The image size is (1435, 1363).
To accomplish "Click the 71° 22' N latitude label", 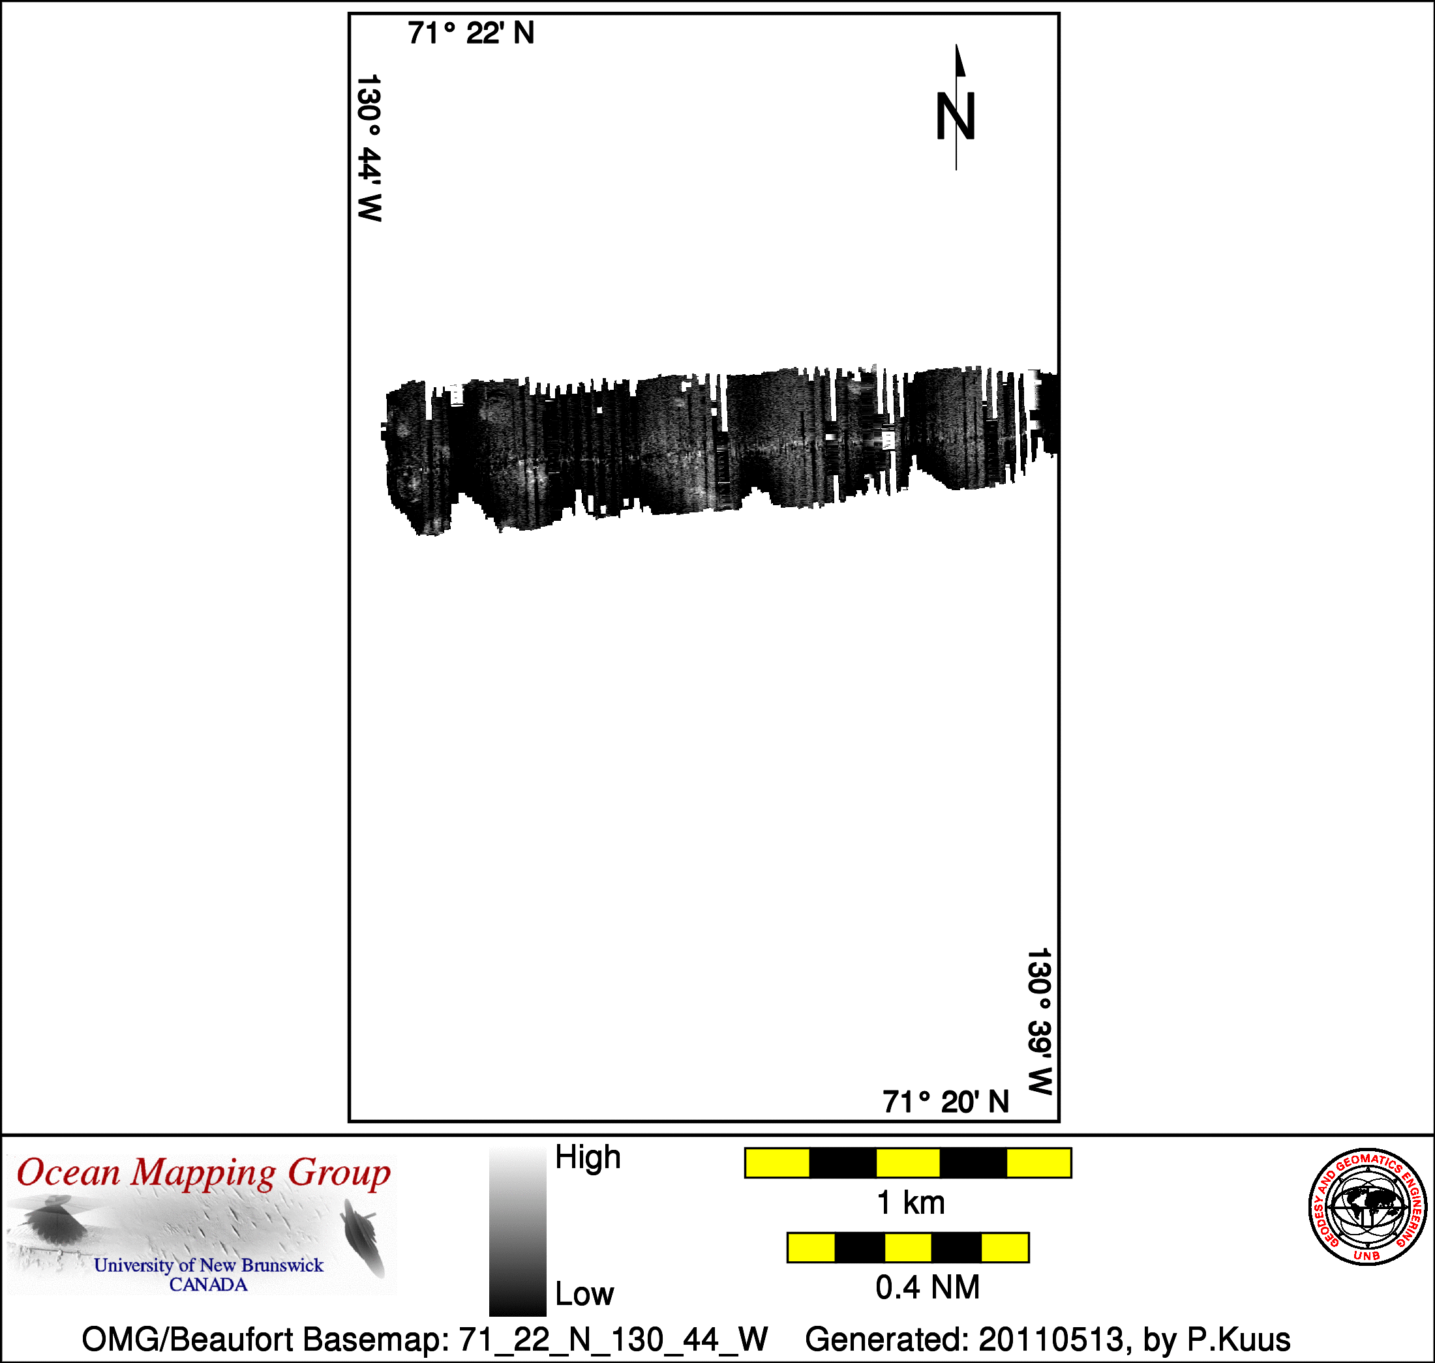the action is [x=471, y=33].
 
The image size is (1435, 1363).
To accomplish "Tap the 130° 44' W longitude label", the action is [x=369, y=147].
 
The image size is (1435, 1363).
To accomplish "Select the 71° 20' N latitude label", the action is [x=946, y=1102].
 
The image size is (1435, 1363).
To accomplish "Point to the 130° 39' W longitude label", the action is [x=1040, y=1021].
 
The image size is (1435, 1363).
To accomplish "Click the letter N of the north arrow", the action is [x=955, y=116].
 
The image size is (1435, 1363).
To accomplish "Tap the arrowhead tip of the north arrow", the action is [x=957, y=45].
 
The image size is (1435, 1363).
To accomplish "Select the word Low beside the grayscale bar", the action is [x=584, y=1294].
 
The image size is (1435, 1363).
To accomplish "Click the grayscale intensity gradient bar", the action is [x=518, y=1231].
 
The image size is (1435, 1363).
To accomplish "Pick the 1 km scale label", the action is [x=911, y=1203].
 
